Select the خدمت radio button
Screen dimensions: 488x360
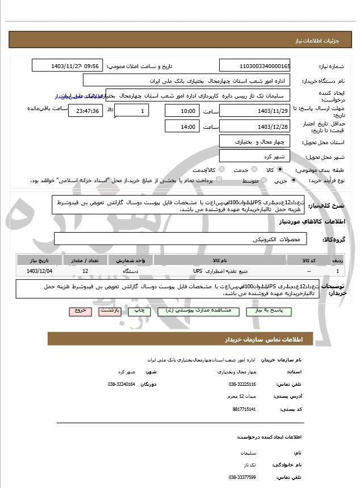(253, 170)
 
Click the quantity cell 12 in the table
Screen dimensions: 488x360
(85, 271)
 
